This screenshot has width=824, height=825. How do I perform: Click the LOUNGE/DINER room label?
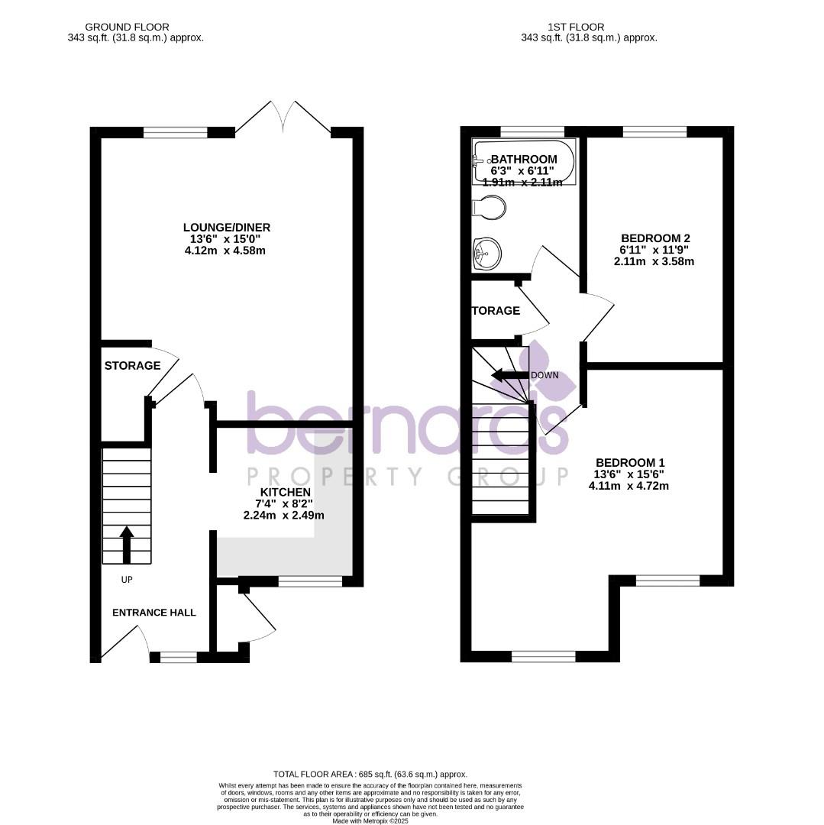[x=226, y=228]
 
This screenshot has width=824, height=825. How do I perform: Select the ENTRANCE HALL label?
[x=154, y=613]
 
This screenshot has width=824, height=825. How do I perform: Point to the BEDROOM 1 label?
[x=630, y=463]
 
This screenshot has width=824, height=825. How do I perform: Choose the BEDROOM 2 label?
[x=655, y=238]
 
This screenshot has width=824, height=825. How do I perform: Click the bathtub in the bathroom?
[x=523, y=160]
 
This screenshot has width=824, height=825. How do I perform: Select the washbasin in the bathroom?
[x=486, y=253]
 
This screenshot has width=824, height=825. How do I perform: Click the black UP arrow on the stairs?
[x=127, y=543]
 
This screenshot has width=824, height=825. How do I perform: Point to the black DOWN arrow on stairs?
[x=506, y=375]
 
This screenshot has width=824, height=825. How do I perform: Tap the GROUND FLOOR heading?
[x=127, y=27]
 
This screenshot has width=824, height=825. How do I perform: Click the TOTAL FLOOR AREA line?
[x=370, y=775]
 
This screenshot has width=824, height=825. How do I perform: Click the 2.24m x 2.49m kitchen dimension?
[x=283, y=515]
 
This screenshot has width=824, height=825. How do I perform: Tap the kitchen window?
[x=310, y=582]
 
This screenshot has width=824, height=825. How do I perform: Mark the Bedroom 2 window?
[x=654, y=132]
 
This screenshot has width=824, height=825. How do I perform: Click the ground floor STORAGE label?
[x=132, y=366]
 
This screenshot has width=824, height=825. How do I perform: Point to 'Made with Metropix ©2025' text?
[x=370, y=820]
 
